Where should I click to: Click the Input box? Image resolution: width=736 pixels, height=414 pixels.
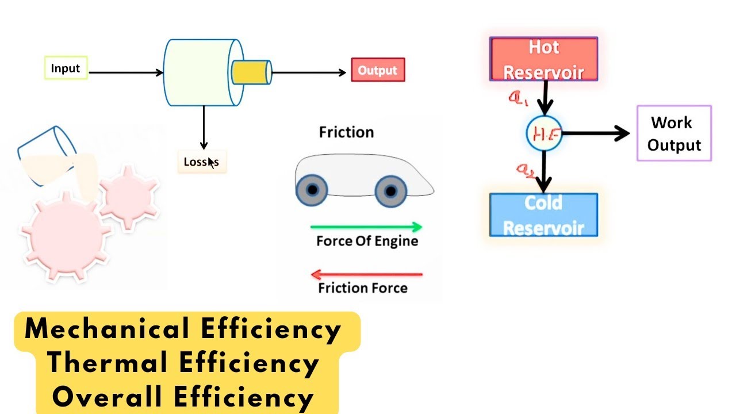(x=66, y=68)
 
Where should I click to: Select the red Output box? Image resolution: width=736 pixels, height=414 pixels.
(x=378, y=70)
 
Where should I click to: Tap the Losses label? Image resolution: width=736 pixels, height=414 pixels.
(x=201, y=162)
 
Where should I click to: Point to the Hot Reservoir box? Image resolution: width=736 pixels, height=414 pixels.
(x=543, y=59)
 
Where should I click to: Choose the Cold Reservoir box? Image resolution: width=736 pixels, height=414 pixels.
(x=543, y=215)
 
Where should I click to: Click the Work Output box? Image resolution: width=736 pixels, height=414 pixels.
(x=674, y=133)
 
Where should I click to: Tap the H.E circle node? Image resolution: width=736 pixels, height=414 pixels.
(x=543, y=134)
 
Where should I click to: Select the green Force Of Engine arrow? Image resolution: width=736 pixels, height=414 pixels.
(x=366, y=227)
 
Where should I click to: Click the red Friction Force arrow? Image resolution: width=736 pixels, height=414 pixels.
(x=366, y=274)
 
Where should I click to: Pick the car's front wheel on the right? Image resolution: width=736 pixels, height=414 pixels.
(x=390, y=190)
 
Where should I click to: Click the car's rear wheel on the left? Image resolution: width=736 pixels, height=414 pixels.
(x=312, y=190)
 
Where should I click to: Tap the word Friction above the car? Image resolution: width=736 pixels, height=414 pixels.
(x=346, y=132)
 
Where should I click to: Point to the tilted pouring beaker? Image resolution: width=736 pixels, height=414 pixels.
(x=46, y=155)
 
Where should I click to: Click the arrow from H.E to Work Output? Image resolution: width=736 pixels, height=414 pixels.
(x=595, y=134)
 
